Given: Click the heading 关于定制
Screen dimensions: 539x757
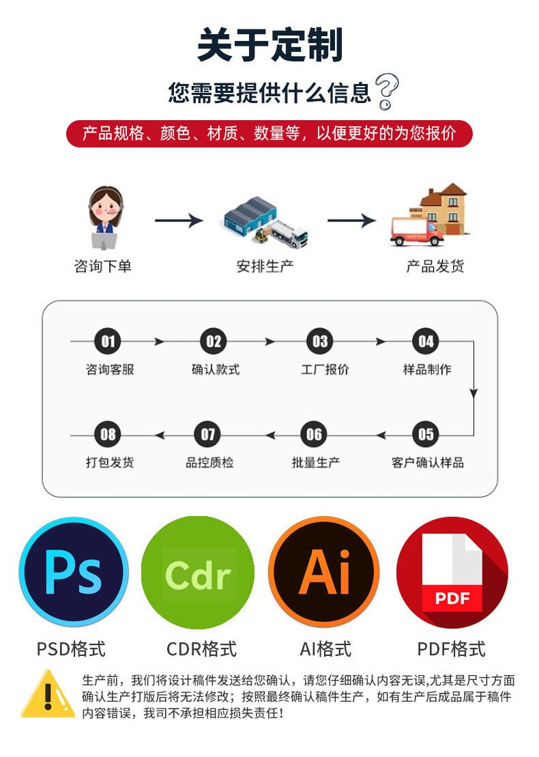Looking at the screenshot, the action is tap(269, 46).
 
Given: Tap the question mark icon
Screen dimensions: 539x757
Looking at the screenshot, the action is tap(387, 92).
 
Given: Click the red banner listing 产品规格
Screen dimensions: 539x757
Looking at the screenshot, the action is tap(269, 133).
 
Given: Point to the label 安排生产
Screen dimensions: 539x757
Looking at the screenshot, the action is tap(265, 266).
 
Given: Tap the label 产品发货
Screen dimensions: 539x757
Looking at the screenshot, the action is tap(435, 266).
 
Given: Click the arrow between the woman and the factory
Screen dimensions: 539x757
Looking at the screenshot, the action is tap(179, 220).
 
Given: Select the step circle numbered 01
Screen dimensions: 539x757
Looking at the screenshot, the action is tap(108, 341).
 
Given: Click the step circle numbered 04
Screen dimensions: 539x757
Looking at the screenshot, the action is tap(426, 341).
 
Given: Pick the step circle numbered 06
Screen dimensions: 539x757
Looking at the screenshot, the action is tap(314, 434).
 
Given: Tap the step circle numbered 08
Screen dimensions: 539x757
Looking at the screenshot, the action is tap(108, 434).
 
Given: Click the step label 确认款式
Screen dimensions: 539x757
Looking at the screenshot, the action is tap(215, 369).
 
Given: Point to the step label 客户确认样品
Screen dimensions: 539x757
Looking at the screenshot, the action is tap(427, 462).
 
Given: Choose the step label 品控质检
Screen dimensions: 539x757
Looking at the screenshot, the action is tap(209, 462).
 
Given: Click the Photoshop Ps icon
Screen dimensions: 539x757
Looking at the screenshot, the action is tap(73, 572).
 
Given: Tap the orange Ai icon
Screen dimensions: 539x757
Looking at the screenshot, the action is tap(323, 572).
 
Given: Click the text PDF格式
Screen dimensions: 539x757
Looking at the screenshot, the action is tap(451, 648).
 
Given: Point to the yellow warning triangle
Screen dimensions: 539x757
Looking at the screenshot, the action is tap(47, 695).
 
